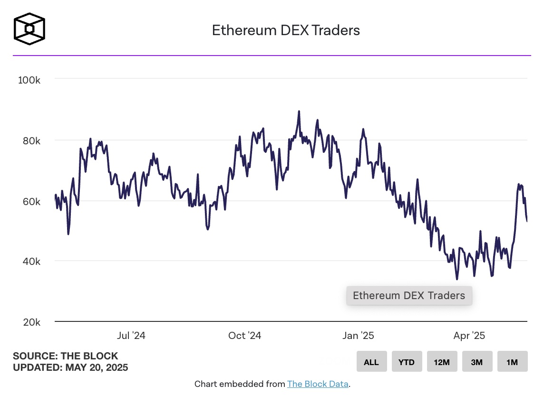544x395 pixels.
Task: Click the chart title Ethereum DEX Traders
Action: (x=285, y=30)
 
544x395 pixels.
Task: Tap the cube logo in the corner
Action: (x=29, y=29)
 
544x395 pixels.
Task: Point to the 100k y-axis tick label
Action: (x=29, y=80)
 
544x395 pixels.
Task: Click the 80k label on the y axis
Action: (x=31, y=141)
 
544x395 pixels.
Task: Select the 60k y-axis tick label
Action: (x=31, y=201)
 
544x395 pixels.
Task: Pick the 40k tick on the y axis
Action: (x=31, y=262)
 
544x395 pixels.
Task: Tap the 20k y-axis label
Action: (x=31, y=322)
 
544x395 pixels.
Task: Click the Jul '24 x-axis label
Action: (x=131, y=336)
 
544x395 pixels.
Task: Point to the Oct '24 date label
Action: (x=244, y=336)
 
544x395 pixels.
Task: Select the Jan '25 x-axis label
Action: (x=358, y=336)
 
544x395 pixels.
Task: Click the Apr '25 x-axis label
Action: (x=469, y=336)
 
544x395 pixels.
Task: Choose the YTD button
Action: (x=407, y=362)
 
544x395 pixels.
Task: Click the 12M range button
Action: (x=442, y=362)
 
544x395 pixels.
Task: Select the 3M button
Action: (x=477, y=362)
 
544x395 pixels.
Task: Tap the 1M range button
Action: (x=512, y=362)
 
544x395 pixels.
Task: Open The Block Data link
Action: (x=318, y=384)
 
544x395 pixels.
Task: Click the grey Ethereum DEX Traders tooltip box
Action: (x=409, y=296)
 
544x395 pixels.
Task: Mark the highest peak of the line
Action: (x=299, y=112)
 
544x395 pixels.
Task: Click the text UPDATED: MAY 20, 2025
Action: (x=70, y=367)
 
